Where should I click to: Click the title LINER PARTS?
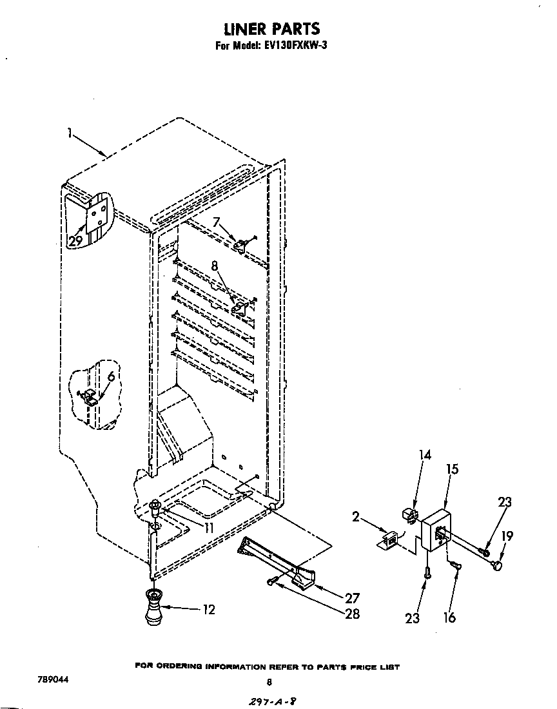[271, 29]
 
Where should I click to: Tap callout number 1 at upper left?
[69, 133]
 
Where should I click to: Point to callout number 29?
[75, 242]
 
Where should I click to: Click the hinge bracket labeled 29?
[97, 216]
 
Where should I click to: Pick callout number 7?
[217, 223]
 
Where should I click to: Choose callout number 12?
[209, 609]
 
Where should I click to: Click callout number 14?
[425, 455]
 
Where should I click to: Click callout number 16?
[449, 617]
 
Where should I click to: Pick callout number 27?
[352, 597]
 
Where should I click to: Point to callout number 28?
[352, 614]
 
